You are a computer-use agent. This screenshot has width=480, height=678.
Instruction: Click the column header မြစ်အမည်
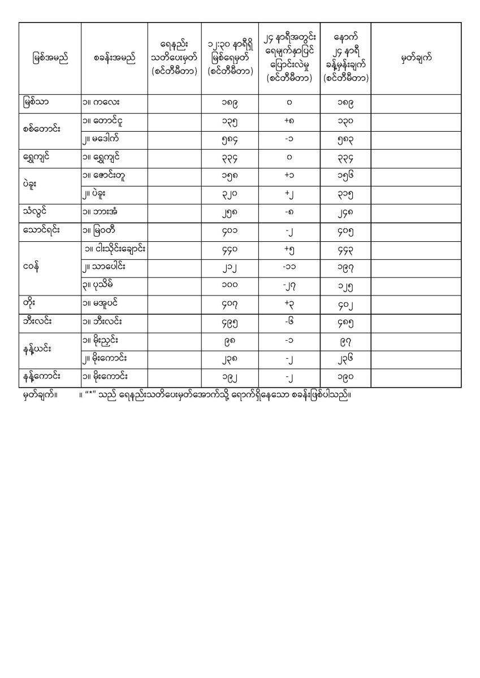pos(50,59)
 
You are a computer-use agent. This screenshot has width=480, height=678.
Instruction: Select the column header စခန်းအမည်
pos(115,59)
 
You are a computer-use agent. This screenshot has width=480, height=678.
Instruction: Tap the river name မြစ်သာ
pos(36,102)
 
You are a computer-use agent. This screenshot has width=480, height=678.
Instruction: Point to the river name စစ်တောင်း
pos(42,129)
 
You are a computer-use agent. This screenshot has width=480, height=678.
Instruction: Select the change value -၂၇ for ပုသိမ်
pos(289,285)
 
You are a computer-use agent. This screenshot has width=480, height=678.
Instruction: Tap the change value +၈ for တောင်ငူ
pos(289,121)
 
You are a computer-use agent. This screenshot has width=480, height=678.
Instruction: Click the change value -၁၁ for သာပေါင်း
pos(289,267)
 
